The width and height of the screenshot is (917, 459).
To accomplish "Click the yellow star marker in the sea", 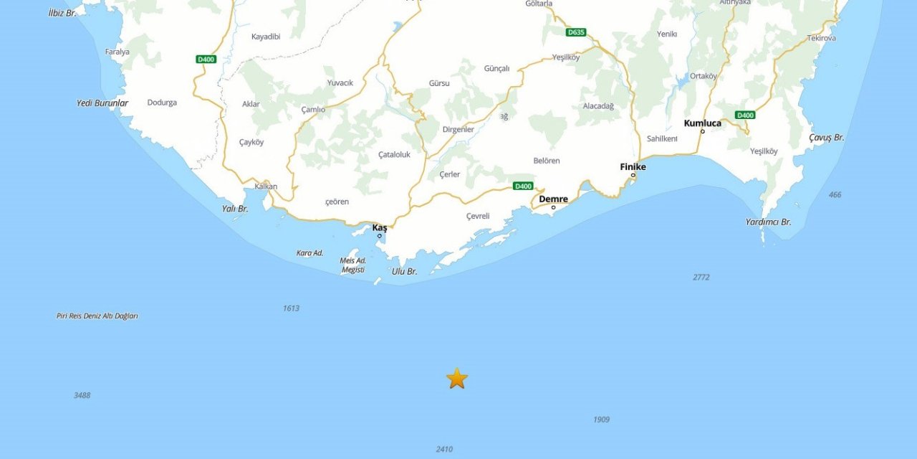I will point(456,378).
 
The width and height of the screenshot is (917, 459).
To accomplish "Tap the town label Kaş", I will point(380,227).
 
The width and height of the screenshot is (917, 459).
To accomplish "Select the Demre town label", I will point(553,199).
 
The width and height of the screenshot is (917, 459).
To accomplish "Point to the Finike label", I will point(633,166).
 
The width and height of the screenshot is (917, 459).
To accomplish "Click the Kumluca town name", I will point(702,123).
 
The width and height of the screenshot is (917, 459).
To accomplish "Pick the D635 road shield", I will point(575,32).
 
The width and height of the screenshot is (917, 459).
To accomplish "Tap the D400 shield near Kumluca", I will point(745,115).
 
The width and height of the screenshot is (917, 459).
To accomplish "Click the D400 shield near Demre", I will point(523,186).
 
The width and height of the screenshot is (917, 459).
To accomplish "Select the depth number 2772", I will point(701,277).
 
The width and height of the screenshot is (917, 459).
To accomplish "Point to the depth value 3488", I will point(82,395).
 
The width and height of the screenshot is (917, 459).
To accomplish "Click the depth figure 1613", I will point(291,308).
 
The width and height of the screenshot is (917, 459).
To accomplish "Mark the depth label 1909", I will point(601,420).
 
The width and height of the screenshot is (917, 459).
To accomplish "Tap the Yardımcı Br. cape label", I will point(768,222).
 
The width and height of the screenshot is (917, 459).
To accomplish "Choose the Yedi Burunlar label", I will point(102,103).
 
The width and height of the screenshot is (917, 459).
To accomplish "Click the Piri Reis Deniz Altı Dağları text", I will point(97,316).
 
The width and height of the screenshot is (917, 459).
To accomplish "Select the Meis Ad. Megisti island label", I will point(353,265).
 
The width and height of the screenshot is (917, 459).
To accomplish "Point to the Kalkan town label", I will point(265,186).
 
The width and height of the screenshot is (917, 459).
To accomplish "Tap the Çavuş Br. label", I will point(826,137).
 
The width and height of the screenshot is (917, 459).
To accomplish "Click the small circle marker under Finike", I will point(633,175).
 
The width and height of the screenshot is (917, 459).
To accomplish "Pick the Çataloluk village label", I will point(394,154).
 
